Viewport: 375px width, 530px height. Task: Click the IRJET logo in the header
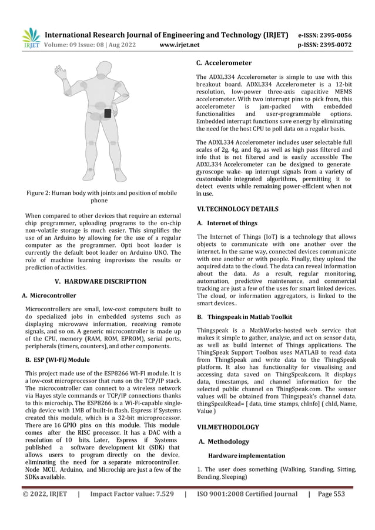click(30, 38)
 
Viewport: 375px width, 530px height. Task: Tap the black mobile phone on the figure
click(108, 113)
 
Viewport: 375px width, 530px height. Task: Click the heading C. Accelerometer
click(223, 62)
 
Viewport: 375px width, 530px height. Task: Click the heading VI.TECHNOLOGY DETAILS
click(237, 209)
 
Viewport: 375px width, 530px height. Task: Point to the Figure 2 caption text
click(102, 196)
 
